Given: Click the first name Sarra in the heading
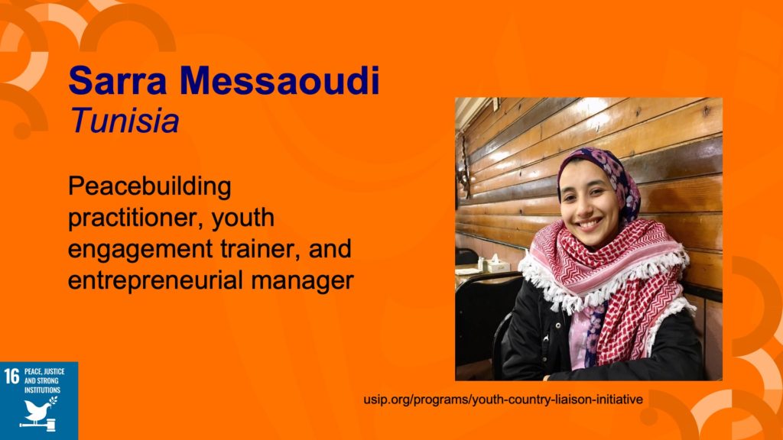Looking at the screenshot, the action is (x=117, y=80).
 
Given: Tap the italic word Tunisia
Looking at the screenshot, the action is (x=125, y=121).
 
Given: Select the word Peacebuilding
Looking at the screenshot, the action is (x=149, y=187).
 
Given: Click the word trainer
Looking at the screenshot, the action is (x=262, y=248).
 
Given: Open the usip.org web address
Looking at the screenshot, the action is (x=503, y=400).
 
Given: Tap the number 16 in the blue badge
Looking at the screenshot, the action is (x=11, y=376).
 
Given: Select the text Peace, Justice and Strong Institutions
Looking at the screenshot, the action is (x=44, y=380).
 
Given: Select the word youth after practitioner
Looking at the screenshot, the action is (x=242, y=218).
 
